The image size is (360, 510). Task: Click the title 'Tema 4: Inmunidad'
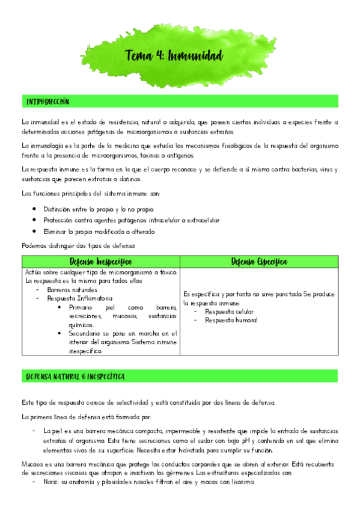173,57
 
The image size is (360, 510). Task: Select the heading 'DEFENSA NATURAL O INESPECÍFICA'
75,376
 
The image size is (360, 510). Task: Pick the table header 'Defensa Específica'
259,262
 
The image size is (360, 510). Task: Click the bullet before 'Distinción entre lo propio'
35,209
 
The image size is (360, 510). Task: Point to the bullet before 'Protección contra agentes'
35,220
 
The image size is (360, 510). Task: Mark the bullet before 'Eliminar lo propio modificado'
35,231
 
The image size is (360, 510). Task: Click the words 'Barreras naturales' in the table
70,289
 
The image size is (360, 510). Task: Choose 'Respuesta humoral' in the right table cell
231,320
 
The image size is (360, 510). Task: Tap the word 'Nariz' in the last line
52,483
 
